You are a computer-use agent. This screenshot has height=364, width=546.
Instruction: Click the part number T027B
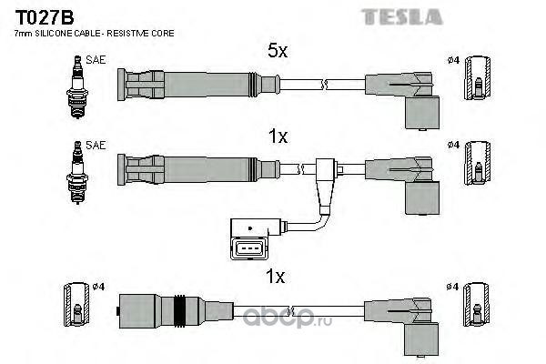(x=45, y=17)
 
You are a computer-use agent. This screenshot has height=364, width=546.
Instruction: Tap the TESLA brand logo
(x=402, y=17)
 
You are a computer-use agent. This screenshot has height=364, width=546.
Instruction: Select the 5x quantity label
(x=278, y=51)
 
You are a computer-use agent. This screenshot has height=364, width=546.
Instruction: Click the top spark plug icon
(x=77, y=87)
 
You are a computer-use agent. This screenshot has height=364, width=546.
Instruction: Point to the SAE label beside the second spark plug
(x=96, y=146)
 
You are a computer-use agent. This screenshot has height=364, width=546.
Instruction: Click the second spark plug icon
(x=77, y=172)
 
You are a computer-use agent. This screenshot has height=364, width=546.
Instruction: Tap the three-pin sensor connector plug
(x=249, y=239)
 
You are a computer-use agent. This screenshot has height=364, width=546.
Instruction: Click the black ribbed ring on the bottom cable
(x=179, y=311)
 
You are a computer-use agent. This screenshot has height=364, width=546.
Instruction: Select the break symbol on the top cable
(x=324, y=85)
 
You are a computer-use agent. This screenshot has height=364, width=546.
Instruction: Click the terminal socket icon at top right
(x=478, y=78)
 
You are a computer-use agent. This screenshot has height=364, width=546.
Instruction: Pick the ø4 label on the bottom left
(x=98, y=287)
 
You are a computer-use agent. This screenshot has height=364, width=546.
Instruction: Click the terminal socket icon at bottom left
(x=76, y=305)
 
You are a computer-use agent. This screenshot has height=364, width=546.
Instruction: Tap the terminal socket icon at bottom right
(x=476, y=305)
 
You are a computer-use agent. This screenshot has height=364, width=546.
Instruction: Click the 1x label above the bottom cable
(x=275, y=277)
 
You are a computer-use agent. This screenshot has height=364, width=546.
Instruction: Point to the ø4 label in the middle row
(x=453, y=145)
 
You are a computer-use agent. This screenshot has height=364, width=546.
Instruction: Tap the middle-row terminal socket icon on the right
(x=478, y=163)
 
